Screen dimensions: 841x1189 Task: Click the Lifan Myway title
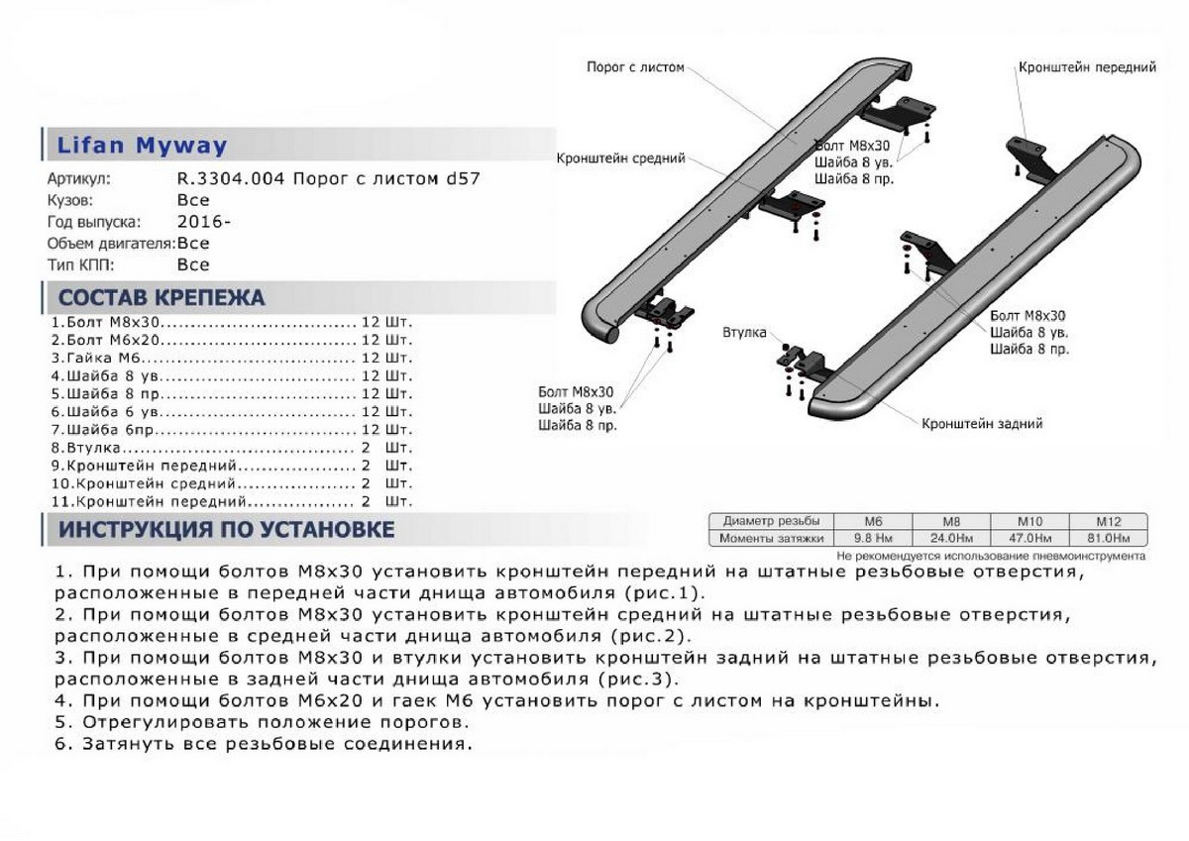[x=143, y=146]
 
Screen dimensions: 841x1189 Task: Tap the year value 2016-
[x=204, y=222]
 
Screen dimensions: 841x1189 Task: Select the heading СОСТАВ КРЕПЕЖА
[x=162, y=298]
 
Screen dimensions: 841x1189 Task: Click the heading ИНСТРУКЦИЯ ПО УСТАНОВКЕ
[x=226, y=530]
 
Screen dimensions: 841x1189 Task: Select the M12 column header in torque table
[x=1109, y=521]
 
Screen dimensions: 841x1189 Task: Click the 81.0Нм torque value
[x=1109, y=538]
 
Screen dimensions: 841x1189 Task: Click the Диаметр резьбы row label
[x=771, y=521]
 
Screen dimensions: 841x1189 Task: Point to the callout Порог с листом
[x=635, y=67]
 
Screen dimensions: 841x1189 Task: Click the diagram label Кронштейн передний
[x=1087, y=67]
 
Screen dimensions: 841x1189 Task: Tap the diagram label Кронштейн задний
[x=982, y=424]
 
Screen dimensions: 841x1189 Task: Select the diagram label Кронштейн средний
[x=621, y=158]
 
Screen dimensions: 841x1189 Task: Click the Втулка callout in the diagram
[x=744, y=333]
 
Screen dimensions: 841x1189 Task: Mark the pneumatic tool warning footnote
[x=990, y=556]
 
